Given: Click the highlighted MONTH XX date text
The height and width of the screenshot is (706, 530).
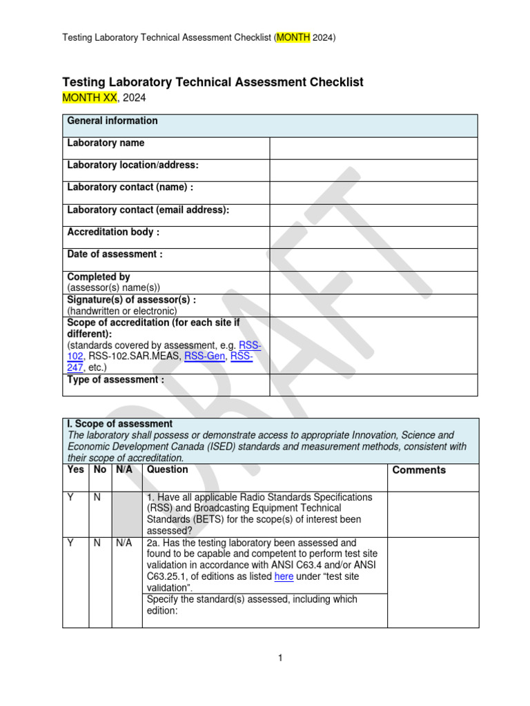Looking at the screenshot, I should [x=90, y=98].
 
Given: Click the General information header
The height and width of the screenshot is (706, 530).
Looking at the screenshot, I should [x=112, y=121].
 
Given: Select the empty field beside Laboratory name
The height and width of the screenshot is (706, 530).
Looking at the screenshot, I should [x=373, y=148].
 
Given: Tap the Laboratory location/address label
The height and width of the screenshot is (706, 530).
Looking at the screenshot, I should [x=132, y=165].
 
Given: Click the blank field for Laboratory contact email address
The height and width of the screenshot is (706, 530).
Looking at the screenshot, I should [x=373, y=215].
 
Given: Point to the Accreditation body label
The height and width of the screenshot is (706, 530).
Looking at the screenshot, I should [x=113, y=232].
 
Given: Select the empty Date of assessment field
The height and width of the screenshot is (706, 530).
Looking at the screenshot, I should [x=373, y=260].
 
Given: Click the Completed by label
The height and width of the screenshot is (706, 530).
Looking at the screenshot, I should [x=99, y=276].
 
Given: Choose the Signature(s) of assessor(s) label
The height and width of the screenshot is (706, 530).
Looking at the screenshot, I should [x=131, y=299].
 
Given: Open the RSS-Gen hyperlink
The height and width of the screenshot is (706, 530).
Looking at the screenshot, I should [x=205, y=356].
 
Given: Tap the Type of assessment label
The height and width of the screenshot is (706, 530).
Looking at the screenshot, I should [x=115, y=380].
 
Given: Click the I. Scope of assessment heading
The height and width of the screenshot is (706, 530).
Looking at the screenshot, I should [x=120, y=423].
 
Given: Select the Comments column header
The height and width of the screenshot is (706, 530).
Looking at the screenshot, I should [x=419, y=470].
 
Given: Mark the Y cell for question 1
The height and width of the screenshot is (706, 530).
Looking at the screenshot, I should [x=70, y=497].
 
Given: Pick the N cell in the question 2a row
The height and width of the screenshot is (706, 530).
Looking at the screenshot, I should [x=97, y=543].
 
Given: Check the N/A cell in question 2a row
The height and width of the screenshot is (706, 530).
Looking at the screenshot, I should [x=124, y=543].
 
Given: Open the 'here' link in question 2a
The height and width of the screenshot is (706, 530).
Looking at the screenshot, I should [x=284, y=576].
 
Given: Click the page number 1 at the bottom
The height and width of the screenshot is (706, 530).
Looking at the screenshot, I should [x=281, y=658].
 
